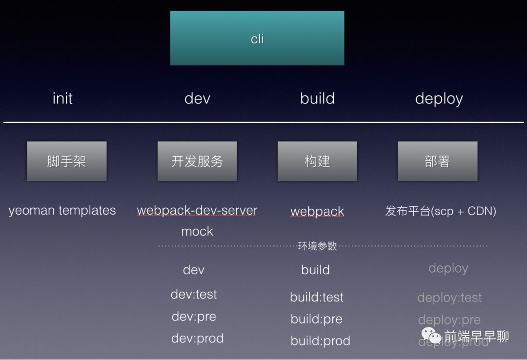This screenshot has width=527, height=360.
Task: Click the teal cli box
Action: pyautogui.click(x=257, y=38)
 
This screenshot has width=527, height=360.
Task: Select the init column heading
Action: pyautogui.click(x=62, y=99)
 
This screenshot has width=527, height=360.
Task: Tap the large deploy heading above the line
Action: pyautogui.click(x=439, y=99)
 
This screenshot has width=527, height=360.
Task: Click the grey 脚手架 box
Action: pyautogui.click(x=66, y=161)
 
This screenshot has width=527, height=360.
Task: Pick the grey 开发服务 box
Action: pyautogui.click(x=197, y=161)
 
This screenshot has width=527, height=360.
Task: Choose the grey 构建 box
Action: pyautogui.click(x=317, y=161)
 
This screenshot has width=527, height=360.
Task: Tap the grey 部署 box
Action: pyautogui.click(x=437, y=161)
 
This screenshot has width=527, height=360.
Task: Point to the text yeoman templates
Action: pyautogui.click(x=62, y=211)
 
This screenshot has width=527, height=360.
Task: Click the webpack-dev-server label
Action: pyautogui.click(x=197, y=211)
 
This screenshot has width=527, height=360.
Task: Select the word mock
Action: pyautogui.click(x=197, y=231)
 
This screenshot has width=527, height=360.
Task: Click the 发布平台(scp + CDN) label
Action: pyautogui.click(x=441, y=211)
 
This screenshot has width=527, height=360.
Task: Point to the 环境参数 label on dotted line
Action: pyautogui.click(x=317, y=246)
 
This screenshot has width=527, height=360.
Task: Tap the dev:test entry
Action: pyautogui.click(x=194, y=294)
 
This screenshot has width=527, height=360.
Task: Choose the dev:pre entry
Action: pyautogui.click(x=194, y=317)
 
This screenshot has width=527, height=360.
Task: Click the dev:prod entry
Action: pyautogui.click(x=197, y=338)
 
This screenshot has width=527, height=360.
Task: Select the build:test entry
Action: pyautogui.click(x=317, y=297)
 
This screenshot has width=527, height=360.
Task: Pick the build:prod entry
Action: pyautogui.click(x=320, y=340)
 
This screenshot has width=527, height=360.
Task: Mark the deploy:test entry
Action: pyautogui.click(x=449, y=298)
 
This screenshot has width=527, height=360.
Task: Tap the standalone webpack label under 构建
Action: pyautogui.click(x=317, y=212)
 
